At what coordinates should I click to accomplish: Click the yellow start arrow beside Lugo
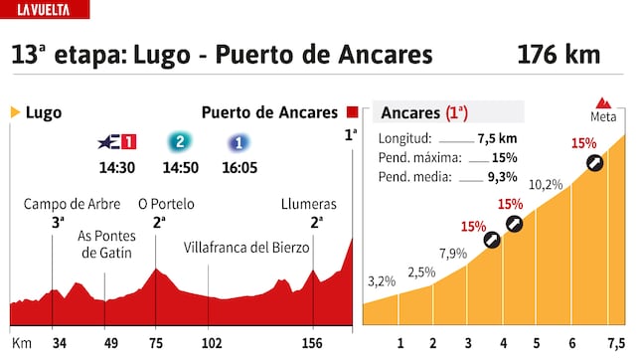pyautogui.click(x=15, y=112)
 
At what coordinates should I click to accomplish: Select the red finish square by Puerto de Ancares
pyautogui.click(x=353, y=112)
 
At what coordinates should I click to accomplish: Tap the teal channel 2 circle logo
pyautogui.click(x=179, y=141)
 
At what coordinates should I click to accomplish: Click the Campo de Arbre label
pyautogui.click(x=73, y=205)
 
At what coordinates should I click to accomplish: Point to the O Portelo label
pyautogui.click(x=166, y=205)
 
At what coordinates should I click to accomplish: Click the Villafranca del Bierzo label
pyautogui.click(x=247, y=247)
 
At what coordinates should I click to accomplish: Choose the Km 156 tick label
pyautogui.click(x=314, y=344)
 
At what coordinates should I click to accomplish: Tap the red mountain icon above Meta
pyautogui.click(x=602, y=102)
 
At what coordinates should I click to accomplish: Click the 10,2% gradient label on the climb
pyautogui.click(x=546, y=185)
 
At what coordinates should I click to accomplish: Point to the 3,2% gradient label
pyautogui.click(x=382, y=281)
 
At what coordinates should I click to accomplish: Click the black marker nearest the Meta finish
pyautogui.click(x=594, y=163)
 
